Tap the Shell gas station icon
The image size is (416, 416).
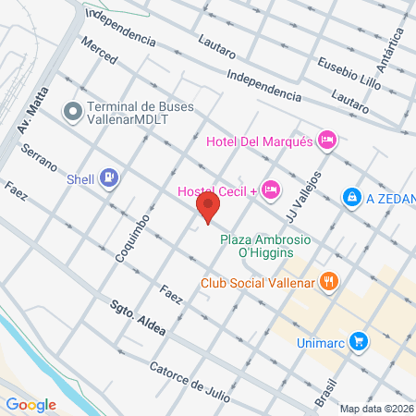(109, 177)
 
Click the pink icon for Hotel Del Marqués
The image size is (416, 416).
(326, 141)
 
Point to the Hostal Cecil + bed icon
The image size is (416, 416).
(270, 190)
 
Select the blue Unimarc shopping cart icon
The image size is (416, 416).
(360, 342)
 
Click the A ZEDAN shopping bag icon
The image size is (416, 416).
(351, 198)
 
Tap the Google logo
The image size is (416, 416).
(31, 404)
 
